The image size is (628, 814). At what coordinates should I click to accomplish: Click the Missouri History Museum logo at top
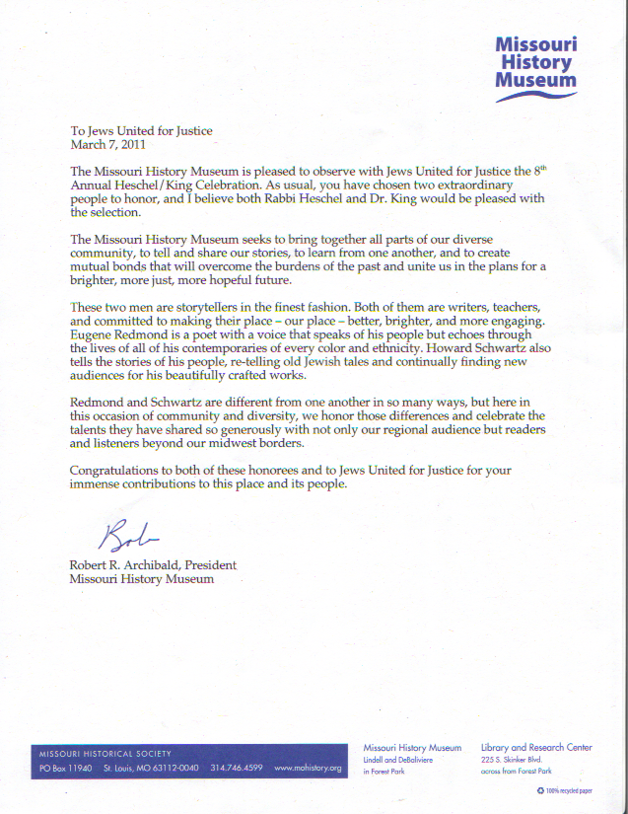tap(534, 64)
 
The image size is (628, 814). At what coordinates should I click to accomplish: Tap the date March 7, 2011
tap(108, 145)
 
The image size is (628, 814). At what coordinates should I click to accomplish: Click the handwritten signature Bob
tap(126, 536)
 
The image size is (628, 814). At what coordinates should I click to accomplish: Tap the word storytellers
tap(217, 308)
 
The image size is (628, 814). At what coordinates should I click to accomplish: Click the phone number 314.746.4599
tap(237, 767)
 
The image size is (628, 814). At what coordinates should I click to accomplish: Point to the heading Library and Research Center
tap(536, 748)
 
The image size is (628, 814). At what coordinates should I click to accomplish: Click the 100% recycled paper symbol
tap(540, 790)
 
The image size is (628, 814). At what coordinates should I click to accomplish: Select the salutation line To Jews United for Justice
tap(141, 131)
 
